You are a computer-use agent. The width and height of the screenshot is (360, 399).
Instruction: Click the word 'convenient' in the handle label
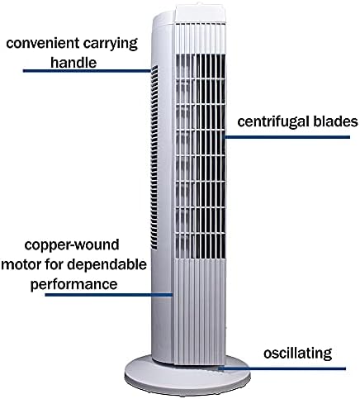click(x=43, y=44)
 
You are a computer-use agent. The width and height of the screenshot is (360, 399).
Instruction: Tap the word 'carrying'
click(x=111, y=45)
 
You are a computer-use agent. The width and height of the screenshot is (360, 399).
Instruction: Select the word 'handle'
click(x=73, y=62)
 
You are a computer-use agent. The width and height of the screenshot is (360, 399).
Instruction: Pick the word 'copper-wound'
click(x=72, y=245)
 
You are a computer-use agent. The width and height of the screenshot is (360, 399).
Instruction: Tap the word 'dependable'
click(x=107, y=264)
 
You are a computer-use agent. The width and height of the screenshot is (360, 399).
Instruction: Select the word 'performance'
click(x=73, y=284)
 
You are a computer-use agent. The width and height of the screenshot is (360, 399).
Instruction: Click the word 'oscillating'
click(x=298, y=354)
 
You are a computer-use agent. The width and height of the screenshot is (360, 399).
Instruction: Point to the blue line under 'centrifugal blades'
click(x=287, y=137)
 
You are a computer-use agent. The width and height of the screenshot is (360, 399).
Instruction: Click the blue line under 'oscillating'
click(x=282, y=368)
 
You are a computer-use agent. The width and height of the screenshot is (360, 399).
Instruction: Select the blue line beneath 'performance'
click(x=109, y=295)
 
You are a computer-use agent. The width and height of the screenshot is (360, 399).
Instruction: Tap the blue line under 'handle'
click(x=87, y=71)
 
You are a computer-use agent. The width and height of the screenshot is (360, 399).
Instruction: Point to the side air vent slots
click(x=154, y=158)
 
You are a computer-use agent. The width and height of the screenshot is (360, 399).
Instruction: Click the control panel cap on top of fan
click(x=200, y=13)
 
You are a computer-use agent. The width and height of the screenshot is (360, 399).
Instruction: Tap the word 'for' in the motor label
click(x=54, y=264)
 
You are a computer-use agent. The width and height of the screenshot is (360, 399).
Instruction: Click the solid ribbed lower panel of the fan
click(x=199, y=312)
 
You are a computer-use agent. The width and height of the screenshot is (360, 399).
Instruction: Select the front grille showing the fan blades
click(x=201, y=156)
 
